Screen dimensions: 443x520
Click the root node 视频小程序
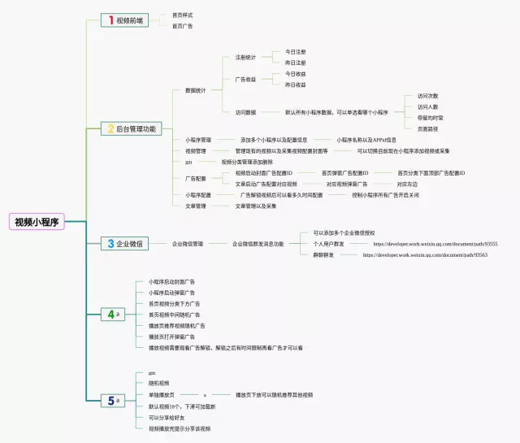coord(37,221)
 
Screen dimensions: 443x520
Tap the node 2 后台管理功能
coord(131,128)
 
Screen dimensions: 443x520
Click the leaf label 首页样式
coord(183,15)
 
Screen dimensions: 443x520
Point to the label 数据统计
coord(196,90)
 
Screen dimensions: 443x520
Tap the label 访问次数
coord(427,95)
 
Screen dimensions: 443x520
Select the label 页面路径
coord(427,128)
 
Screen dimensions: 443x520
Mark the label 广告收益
coord(245,79)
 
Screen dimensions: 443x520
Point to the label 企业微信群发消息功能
coord(258,243)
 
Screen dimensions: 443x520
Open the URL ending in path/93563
coord(425,254)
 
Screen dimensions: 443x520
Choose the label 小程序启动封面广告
coord(171,281)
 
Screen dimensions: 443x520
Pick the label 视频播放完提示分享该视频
coord(179,428)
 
